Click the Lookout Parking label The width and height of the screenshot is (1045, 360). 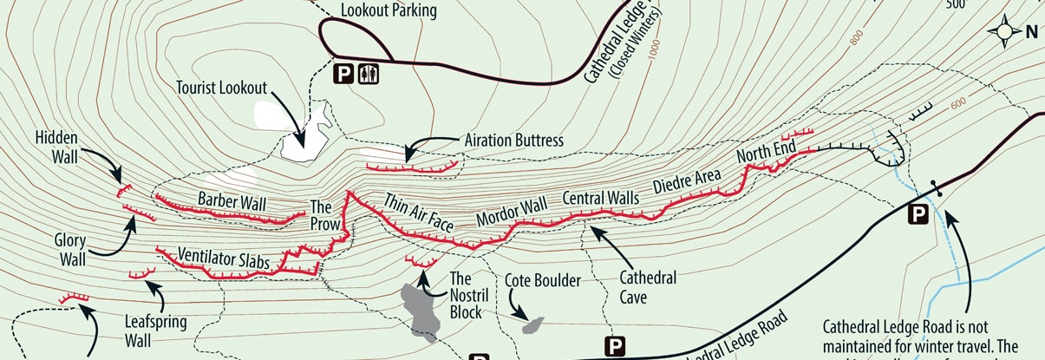388,11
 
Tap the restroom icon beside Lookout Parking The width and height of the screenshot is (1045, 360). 370,75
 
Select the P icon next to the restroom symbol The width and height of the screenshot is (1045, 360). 344,75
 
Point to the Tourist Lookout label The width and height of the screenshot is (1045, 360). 220,88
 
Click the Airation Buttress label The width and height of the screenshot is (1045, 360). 513,141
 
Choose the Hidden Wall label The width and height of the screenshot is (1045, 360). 57,147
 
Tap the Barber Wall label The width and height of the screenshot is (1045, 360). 231,200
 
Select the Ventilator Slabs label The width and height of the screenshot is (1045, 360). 222,257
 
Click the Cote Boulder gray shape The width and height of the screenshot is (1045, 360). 533,325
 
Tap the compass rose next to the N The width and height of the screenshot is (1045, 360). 1007,32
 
